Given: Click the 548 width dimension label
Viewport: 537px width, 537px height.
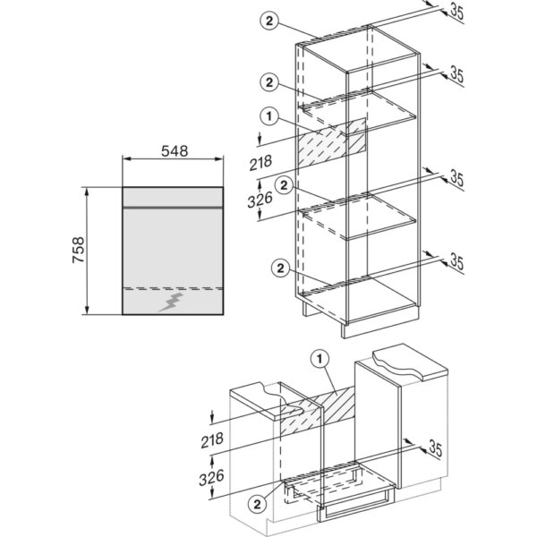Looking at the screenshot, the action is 175,150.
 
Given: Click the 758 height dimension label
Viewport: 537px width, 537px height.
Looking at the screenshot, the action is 79,250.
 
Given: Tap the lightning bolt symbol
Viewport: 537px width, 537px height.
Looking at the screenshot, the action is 171,303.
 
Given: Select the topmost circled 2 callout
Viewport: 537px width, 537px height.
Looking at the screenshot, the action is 269,21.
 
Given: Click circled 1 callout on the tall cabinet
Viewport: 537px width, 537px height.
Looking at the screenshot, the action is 269,116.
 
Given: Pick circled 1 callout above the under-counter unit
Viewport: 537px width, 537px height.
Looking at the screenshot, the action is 320,359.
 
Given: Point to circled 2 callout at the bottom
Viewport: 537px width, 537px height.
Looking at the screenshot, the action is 257,504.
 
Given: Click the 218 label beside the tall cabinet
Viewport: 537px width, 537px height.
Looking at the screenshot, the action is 260,163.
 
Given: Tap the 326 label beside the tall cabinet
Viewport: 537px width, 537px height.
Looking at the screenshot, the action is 260,200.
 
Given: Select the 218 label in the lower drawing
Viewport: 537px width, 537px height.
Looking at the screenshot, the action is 212,440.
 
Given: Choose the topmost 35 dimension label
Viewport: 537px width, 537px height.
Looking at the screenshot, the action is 456,12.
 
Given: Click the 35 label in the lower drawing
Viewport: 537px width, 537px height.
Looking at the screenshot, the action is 435,448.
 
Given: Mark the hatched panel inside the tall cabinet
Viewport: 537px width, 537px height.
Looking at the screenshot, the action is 332,143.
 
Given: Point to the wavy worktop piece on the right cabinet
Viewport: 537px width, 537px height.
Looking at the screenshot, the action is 411,364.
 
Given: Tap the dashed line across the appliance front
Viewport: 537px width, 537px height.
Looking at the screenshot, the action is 173,288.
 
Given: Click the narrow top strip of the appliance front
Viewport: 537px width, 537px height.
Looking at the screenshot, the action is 173,197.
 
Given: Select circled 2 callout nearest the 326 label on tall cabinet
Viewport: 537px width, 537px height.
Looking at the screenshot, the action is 284,185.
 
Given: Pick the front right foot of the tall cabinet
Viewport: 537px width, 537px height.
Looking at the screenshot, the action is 344,331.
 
